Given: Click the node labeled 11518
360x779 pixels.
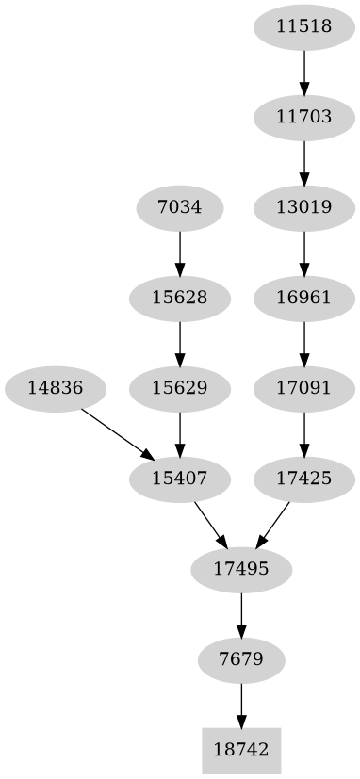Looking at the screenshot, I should click(x=303, y=26).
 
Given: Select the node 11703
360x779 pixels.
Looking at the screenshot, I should click(x=303, y=117).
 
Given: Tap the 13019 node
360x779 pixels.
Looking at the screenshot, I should click(x=303, y=207).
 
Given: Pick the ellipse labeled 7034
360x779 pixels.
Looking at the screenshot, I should click(x=179, y=207).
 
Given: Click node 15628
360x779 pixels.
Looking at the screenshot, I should click(x=179, y=298).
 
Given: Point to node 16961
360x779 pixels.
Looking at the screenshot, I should click(x=303, y=298).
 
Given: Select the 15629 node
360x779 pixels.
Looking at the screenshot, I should click(x=179, y=387).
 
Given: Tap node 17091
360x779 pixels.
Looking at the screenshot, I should click(x=303, y=387).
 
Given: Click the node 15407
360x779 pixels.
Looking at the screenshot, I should click(x=179, y=479).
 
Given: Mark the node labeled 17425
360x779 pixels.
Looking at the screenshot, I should click(x=303, y=479).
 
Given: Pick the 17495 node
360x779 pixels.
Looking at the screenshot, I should click(x=241, y=569).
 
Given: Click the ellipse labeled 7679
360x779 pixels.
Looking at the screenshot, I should click(x=241, y=658).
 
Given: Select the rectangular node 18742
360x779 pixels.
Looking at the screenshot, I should click(x=241, y=750).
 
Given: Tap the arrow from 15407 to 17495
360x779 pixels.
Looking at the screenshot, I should click(x=210, y=524).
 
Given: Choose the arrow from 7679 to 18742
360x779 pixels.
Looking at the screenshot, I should click(x=241, y=704).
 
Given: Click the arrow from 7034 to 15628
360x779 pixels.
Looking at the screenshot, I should click(x=179, y=252).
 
